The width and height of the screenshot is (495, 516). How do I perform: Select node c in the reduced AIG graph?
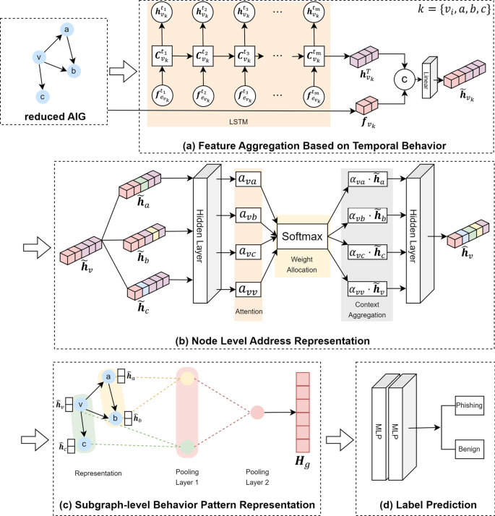(x=43, y=95)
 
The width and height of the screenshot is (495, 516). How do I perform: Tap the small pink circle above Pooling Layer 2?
(x=257, y=413)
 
